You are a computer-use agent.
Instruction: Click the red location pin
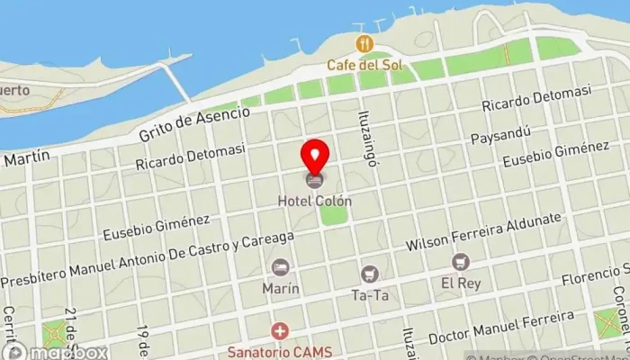315,157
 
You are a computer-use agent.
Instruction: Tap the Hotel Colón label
315,202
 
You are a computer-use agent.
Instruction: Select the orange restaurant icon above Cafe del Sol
364,43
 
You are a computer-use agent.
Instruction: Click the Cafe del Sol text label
364,65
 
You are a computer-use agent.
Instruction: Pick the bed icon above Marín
281,267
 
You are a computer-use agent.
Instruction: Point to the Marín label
281,289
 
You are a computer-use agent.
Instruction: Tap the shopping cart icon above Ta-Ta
369,274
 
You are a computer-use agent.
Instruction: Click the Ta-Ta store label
369,294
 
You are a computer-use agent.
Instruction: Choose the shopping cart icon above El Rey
461,262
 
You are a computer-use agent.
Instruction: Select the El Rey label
461,283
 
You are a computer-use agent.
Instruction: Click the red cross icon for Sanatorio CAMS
281,331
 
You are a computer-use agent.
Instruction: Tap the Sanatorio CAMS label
281,351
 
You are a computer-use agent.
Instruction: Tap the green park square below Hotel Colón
334,215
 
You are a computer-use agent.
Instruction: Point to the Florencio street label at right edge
593,274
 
